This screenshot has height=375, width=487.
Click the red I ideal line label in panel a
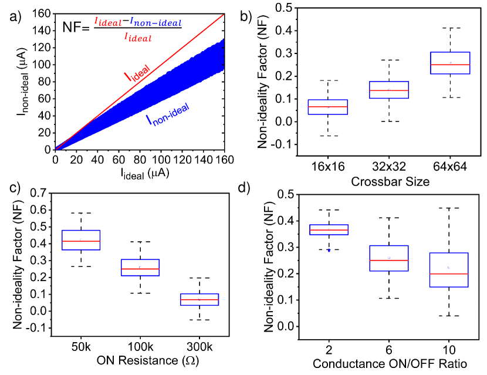click(136, 75)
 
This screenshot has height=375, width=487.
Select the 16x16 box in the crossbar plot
click(328, 107)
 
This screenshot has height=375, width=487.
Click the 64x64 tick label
click(450, 165)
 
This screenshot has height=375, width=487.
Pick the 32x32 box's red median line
click(389, 90)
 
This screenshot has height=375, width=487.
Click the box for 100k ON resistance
click(140, 268)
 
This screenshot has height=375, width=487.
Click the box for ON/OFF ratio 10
click(448, 270)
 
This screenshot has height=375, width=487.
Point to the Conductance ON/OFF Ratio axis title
click(389, 364)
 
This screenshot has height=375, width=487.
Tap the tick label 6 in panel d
click(389, 350)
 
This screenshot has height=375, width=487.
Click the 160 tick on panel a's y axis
click(42, 14)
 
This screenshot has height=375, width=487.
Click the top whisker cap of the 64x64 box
click(450, 28)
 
